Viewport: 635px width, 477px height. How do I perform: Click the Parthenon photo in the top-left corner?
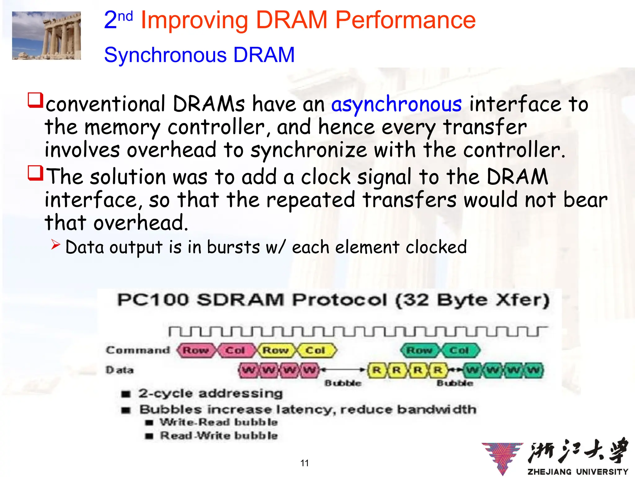coord(47,35)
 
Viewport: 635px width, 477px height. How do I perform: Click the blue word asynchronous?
coord(396,104)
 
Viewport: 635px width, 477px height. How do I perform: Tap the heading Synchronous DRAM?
coord(199,55)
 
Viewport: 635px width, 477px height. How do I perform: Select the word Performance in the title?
coord(405,20)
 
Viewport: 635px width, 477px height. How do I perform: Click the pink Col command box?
coord(236,350)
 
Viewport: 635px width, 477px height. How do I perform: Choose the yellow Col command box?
coord(316,350)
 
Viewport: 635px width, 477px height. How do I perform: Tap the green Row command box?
coord(420,350)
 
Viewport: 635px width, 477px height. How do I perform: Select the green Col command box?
coord(460,350)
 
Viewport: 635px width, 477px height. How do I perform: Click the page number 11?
coord(304,463)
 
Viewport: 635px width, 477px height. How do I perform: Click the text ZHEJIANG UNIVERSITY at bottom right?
coord(578,472)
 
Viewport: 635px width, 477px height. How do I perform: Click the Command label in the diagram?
coord(138,350)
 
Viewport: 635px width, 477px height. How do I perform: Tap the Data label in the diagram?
coord(120,370)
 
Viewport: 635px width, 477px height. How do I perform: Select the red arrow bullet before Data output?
coord(56,245)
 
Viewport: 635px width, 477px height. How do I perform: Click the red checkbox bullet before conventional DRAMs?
coord(35,100)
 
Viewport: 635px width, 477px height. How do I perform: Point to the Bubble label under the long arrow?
coord(343,383)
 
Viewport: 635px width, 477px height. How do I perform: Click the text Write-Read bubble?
coord(219,422)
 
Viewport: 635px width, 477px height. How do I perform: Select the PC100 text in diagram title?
coord(153,300)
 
